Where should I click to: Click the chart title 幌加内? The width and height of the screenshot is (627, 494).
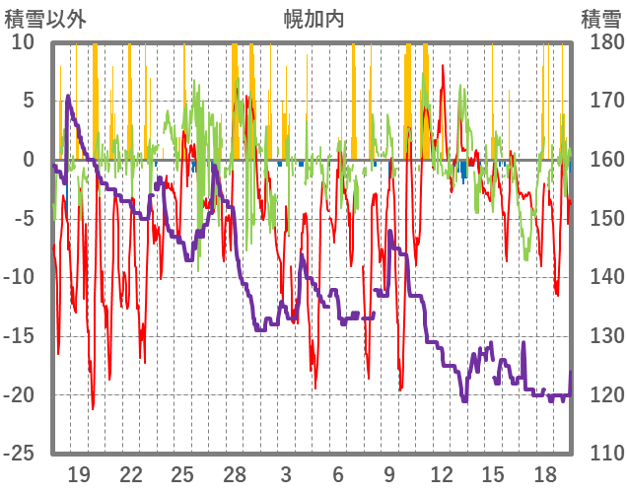point(313,19)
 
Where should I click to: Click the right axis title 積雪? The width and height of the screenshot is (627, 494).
point(600,19)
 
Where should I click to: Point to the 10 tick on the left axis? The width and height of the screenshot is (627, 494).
point(24,41)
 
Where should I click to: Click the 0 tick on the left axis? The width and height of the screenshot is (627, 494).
point(29,159)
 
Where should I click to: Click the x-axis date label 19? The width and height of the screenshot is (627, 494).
point(80,473)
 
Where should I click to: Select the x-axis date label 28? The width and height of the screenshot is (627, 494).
point(235,473)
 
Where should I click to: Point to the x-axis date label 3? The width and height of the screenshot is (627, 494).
point(286,473)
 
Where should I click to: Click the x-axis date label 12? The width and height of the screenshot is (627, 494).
point(441,473)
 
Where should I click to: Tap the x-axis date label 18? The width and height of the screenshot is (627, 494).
point(544,473)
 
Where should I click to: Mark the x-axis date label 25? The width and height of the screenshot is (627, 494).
point(182,473)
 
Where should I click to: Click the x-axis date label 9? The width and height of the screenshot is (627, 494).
point(389,473)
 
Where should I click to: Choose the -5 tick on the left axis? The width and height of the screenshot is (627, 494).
point(24,218)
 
